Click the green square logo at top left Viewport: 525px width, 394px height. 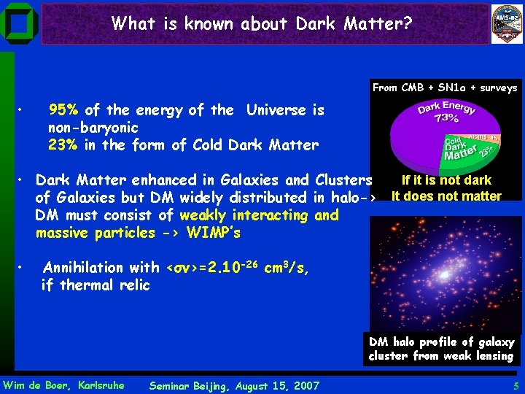click(20, 24)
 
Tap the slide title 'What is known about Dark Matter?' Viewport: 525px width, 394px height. click(262, 24)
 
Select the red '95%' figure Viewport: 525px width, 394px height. click(64, 110)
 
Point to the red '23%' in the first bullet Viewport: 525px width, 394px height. click(64, 145)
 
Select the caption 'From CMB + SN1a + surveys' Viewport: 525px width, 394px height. click(445, 88)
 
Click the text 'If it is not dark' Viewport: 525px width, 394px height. click(446, 180)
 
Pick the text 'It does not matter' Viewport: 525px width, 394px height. click(446, 196)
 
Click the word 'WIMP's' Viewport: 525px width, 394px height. click(213, 233)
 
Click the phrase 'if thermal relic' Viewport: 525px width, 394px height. click(96, 285)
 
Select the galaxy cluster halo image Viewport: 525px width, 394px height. click(445, 274)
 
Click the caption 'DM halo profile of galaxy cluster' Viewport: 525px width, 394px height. click(441, 349)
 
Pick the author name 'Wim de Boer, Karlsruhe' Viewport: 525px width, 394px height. click(64, 385)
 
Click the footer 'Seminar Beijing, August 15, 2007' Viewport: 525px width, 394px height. click(233, 385)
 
